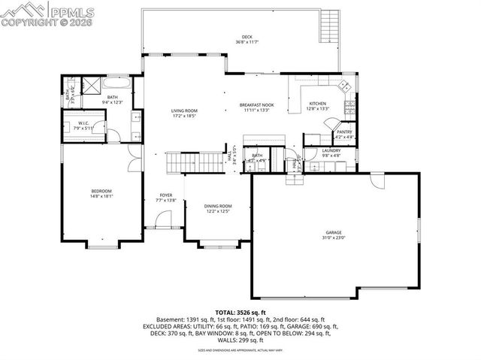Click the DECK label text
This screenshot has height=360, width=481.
point(247,36)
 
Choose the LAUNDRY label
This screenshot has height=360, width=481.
point(331,150)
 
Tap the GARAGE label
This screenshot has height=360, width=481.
point(334,232)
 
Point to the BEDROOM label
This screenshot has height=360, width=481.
point(101,192)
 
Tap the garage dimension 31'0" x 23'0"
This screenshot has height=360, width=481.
point(334,238)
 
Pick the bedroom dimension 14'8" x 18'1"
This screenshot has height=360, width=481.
point(101,197)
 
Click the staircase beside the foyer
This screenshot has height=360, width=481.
point(182,162)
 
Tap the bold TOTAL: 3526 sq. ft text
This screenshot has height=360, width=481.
point(240,312)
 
